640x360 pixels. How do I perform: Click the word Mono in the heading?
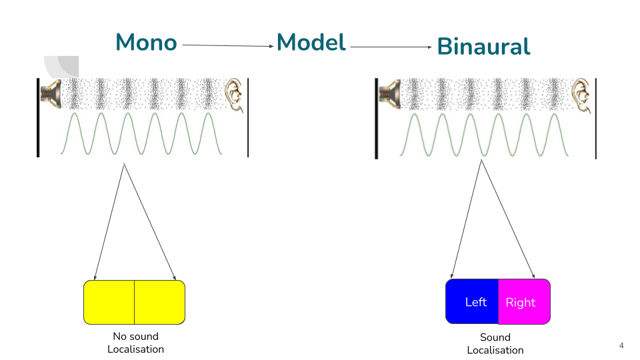(146, 43)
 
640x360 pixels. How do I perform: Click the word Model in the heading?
(311, 43)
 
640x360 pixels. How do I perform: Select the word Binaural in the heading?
(483, 47)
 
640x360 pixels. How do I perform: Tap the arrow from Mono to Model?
(227, 45)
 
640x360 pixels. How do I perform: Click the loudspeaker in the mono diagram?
(51, 93)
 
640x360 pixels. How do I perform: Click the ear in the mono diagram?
(233, 93)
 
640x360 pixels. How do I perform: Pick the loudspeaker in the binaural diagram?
(388, 93)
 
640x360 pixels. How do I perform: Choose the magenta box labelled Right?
(524, 302)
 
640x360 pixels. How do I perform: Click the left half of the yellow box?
(109, 302)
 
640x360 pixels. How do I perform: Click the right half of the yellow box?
(159, 302)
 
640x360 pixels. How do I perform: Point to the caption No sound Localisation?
(135, 343)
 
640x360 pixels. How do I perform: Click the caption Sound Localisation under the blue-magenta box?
(495, 344)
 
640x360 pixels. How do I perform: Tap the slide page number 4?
(621, 345)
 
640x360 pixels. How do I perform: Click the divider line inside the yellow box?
(134, 302)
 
